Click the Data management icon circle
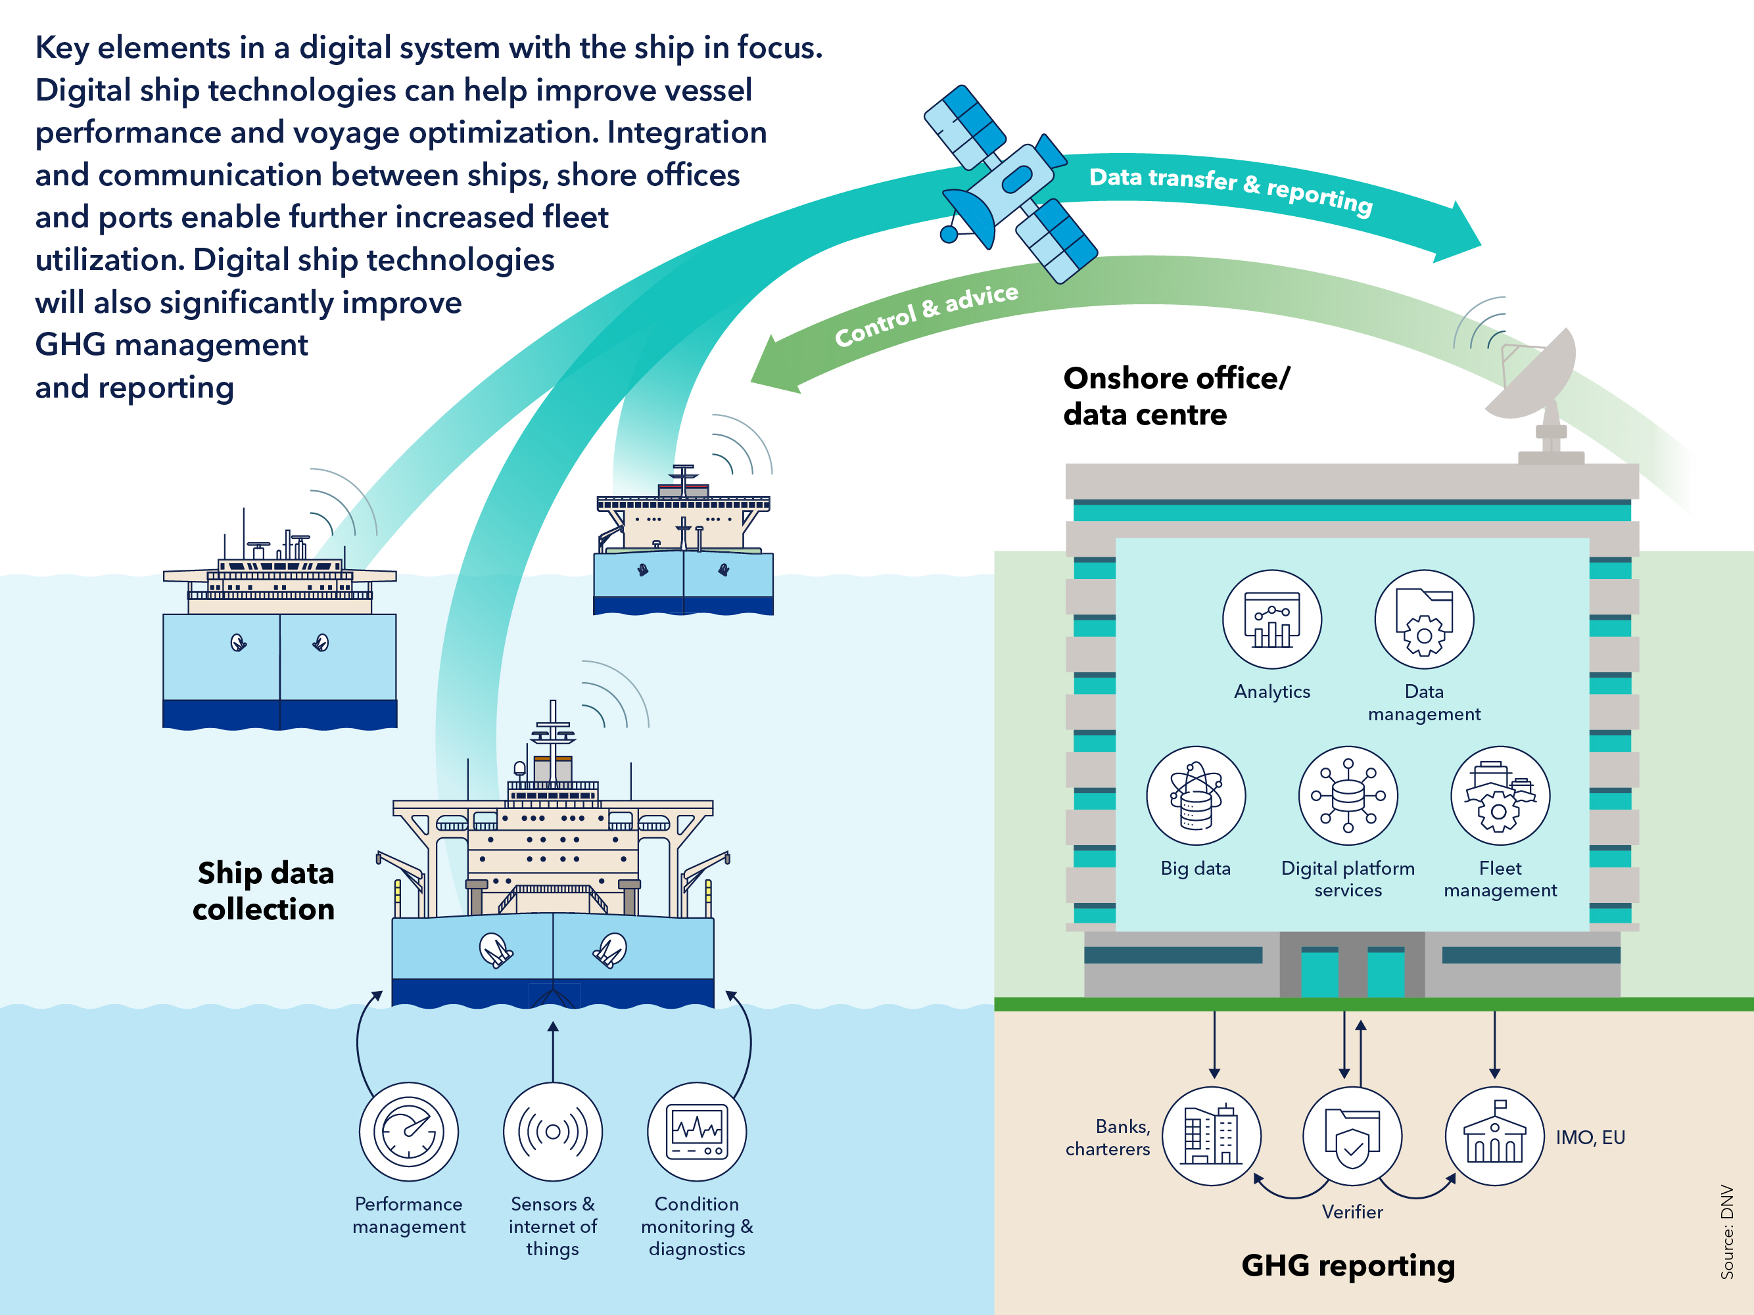[1423, 619]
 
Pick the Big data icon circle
[1195, 795]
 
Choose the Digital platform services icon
[1347, 795]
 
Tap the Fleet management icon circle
[1500, 795]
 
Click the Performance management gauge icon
[408, 1131]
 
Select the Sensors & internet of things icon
[553, 1131]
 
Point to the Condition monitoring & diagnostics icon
[696, 1131]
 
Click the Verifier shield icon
[1352, 1136]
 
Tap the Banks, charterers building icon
[1211, 1136]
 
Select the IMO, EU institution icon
[1494, 1136]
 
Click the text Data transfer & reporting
[1230, 189]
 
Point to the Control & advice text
[926, 315]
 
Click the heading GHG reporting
[1347, 1265]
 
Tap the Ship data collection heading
[264, 891]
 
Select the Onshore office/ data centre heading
[1176, 396]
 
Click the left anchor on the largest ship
[496, 950]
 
